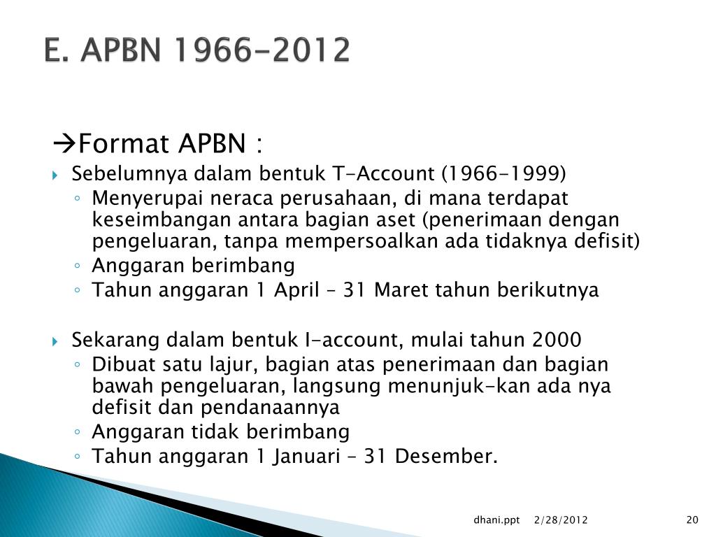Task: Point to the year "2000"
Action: [557, 340]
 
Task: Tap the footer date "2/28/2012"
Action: [560, 520]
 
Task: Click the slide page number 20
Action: [692, 520]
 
